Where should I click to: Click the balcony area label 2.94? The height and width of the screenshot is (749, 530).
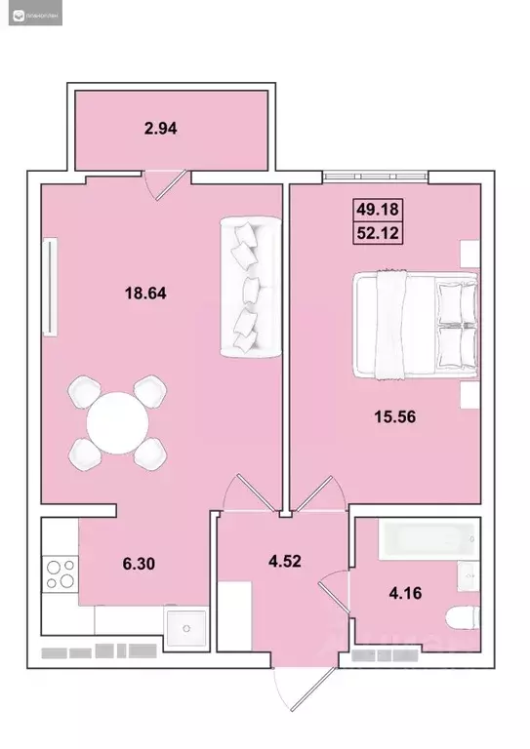tap(163, 127)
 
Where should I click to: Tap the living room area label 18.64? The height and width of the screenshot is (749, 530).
tap(143, 291)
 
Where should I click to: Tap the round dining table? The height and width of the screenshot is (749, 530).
tap(117, 422)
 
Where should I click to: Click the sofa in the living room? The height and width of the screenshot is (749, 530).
tap(249, 286)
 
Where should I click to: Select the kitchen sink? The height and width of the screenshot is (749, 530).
tap(183, 628)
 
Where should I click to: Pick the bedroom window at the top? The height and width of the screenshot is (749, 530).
tap(376, 177)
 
